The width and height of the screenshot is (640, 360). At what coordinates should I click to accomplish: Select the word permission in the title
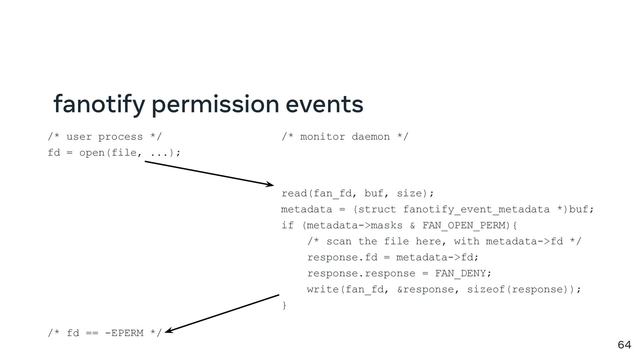pos(215,104)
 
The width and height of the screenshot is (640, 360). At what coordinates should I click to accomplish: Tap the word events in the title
pos(324,104)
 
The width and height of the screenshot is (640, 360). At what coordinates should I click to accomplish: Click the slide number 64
pos(624,345)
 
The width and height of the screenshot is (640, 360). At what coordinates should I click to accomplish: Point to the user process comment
pos(105,137)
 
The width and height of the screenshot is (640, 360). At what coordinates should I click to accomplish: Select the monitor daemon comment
pos(345,137)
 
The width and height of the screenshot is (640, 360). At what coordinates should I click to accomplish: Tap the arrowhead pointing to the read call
pos(270,184)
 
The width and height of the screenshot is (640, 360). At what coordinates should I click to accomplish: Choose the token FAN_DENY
pos(460,273)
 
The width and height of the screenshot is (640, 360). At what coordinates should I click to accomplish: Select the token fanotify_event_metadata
pos(476,209)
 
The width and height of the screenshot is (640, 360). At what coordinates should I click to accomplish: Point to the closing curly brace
pos(284,305)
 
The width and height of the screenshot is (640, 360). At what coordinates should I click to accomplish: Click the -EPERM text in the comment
pos(124,333)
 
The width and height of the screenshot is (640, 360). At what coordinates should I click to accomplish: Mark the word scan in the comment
pos(339,241)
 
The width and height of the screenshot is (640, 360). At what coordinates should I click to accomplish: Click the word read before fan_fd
pos(294,193)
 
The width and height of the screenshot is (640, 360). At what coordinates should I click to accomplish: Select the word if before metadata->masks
pos(287,225)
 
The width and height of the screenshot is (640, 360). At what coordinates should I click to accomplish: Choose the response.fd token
pos(342,257)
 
